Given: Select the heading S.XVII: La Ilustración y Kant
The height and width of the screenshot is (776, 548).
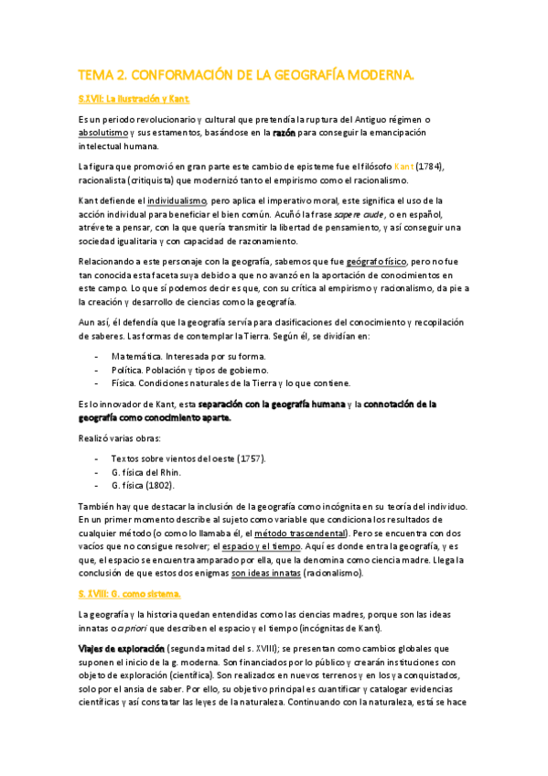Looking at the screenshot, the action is click(134, 98).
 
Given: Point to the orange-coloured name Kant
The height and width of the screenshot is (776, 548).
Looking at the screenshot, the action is click(403, 167).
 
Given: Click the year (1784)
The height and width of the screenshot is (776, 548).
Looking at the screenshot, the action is click(435, 167).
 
